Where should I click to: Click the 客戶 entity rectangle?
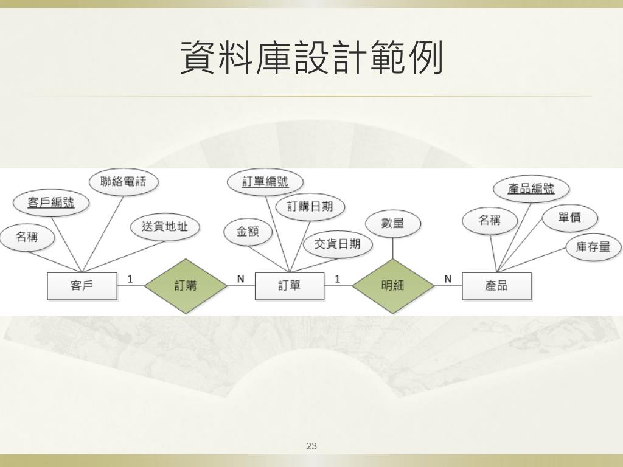(82, 286)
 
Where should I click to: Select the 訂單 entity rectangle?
(290, 286)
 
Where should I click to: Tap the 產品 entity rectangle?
(496, 286)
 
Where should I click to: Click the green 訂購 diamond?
(186, 286)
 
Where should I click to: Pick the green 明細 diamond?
(392, 286)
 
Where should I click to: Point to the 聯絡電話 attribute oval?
(124, 181)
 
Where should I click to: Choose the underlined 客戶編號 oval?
(50, 203)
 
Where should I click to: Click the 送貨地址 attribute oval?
(165, 227)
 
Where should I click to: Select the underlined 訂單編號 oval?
(265, 181)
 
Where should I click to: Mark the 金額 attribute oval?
(248, 232)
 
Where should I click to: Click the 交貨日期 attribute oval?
(337, 244)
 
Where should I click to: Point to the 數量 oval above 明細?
(393, 223)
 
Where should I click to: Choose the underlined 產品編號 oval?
(531, 189)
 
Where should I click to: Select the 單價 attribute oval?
(569, 217)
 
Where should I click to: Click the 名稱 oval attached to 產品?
(489, 220)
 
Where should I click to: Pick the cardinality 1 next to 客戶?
(130, 279)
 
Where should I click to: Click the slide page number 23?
(311, 446)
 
